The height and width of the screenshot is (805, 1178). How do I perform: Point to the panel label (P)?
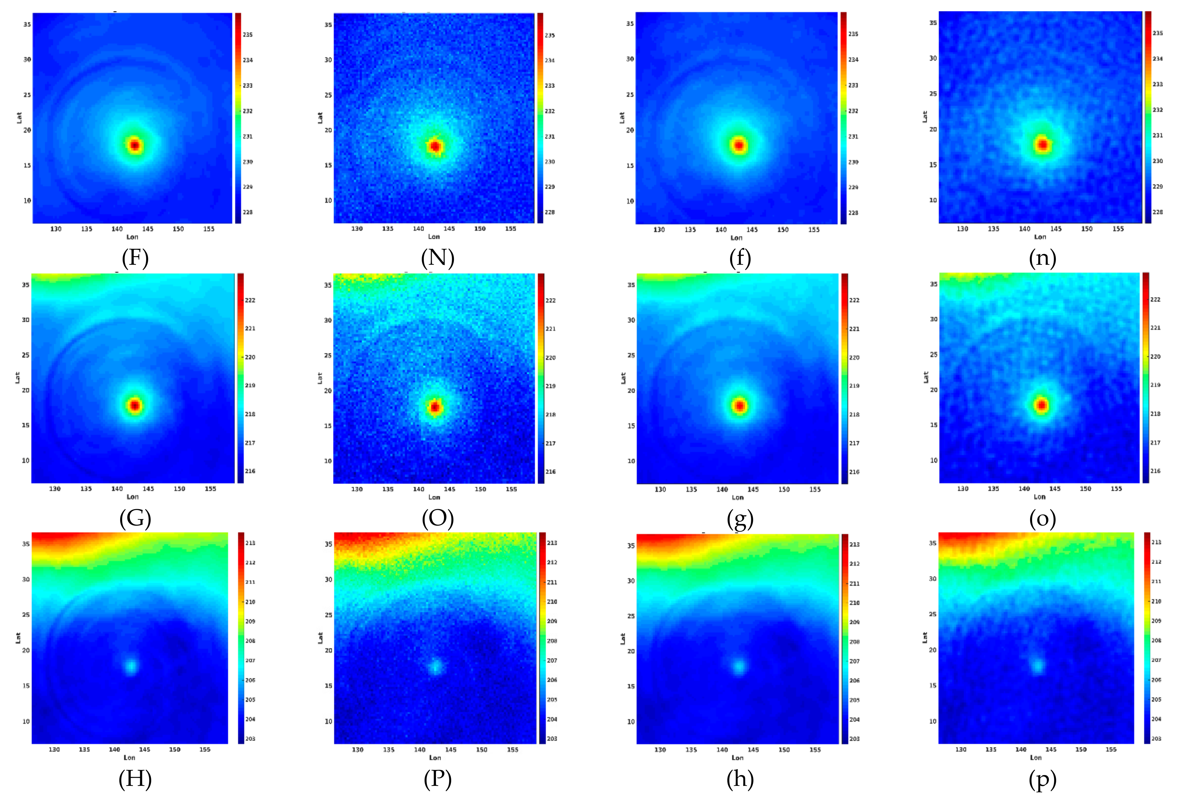click(437, 779)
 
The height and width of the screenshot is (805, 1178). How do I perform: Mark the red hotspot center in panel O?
click(435, 407)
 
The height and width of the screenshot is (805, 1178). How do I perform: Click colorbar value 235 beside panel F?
click(247, 34)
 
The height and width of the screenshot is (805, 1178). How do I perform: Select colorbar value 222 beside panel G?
click(250, 300)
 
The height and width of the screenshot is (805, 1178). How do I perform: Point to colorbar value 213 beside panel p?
click(1156, 542)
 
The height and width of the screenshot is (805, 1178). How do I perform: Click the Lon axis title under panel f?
click(736, 238)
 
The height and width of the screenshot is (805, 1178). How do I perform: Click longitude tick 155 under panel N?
click(510, 229)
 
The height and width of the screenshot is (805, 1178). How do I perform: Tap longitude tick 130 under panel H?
click(54, 749)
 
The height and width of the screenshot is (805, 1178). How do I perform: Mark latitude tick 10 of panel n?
click(933, 200)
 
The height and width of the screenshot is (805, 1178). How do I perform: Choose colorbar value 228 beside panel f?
click(853, 213)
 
